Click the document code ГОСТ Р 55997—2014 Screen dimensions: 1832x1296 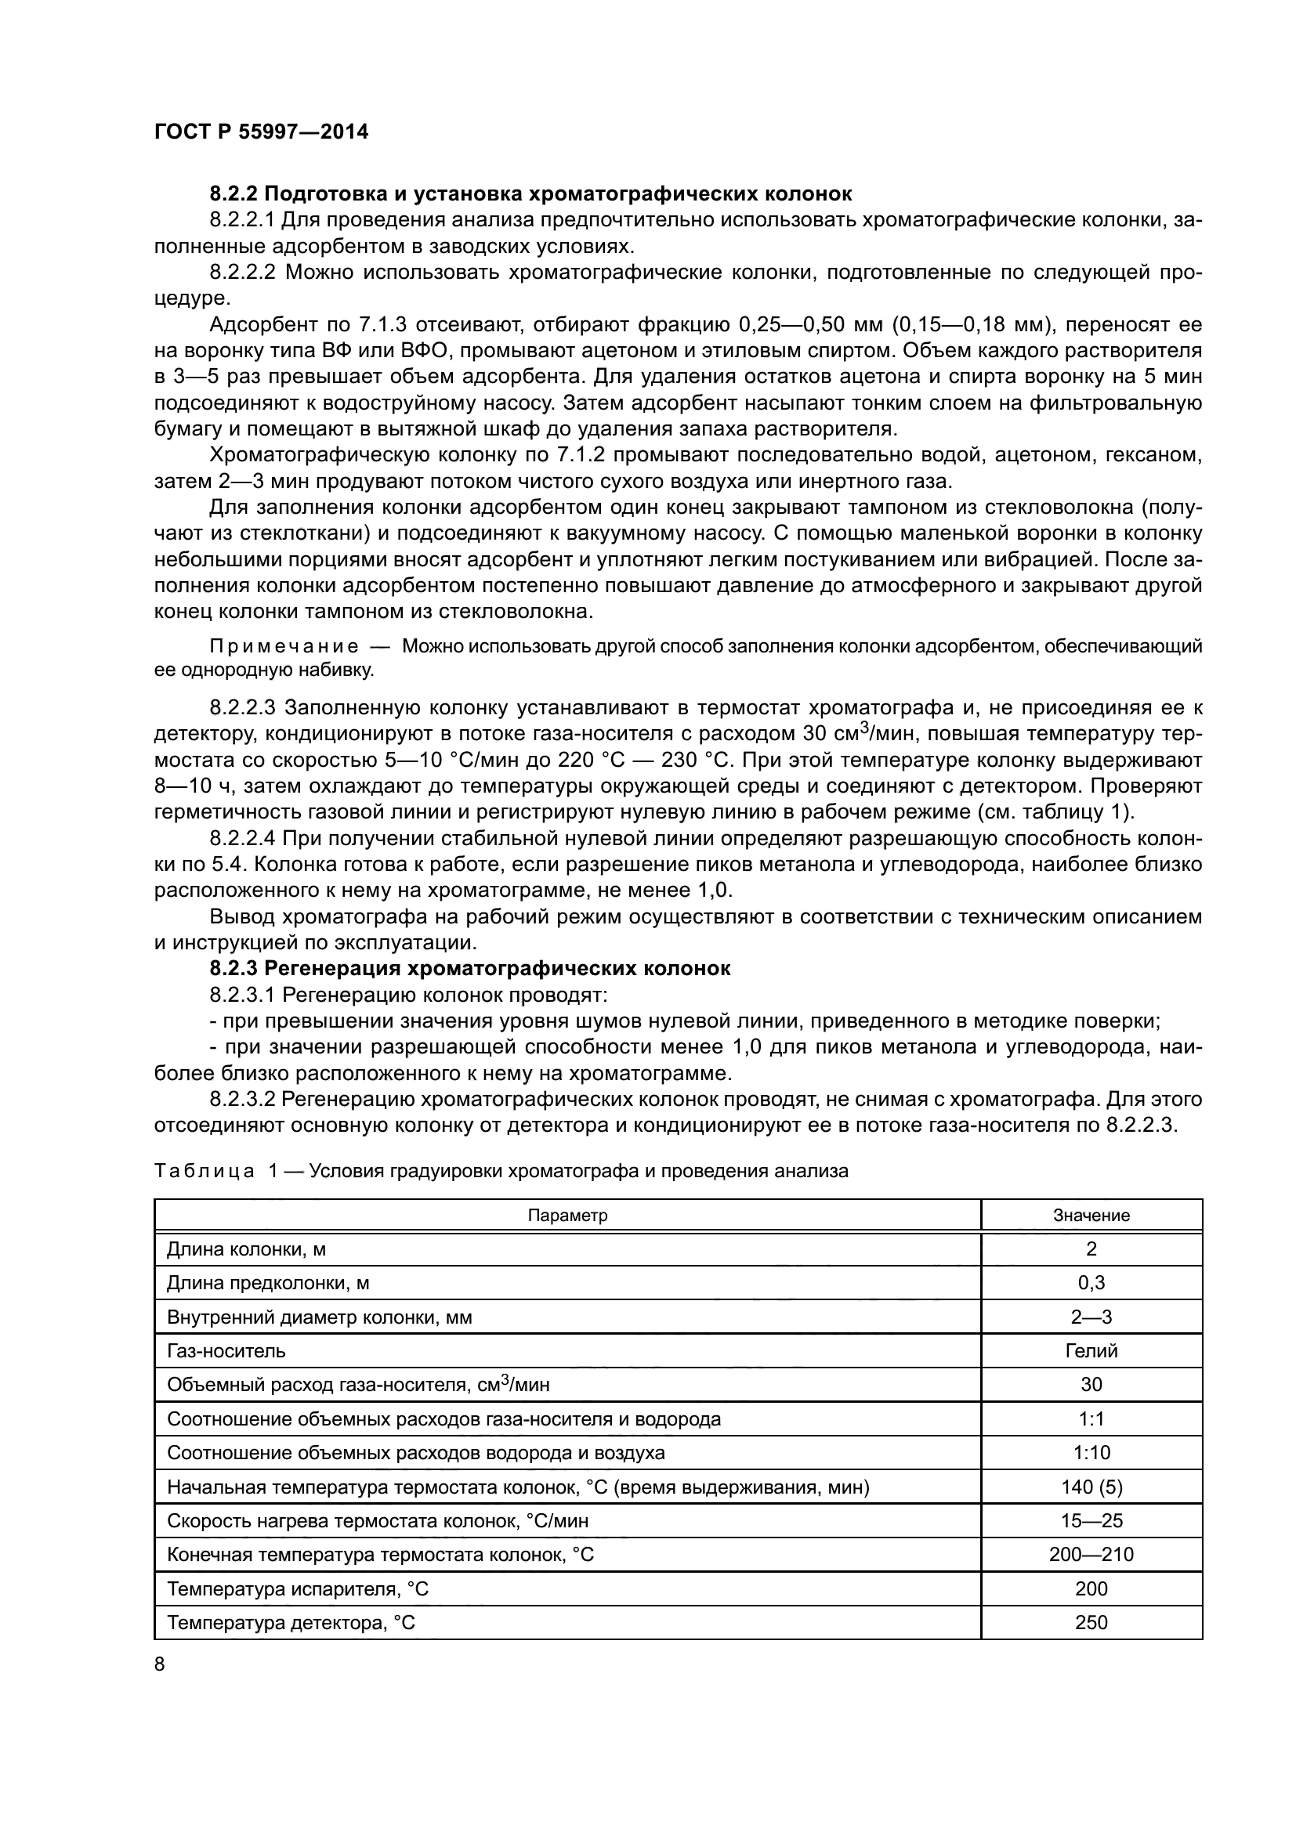click(x=261, y=132)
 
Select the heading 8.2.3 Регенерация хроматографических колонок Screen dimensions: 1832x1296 click(x=470, y=969)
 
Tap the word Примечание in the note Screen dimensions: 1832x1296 click(x=284, y=646)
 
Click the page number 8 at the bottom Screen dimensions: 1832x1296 click(x=160, y=1664)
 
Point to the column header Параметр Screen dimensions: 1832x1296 click(x=567, y=1216)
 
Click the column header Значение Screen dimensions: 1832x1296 click(x=1091, y=1216)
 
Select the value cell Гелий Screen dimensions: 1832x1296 click(x=1091, y=1351)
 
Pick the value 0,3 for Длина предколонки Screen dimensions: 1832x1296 click(x=1091, y=1283)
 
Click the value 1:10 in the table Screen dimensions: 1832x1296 click(x=1091, y=1453)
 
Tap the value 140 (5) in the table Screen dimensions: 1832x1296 click(x=1091, y=1487)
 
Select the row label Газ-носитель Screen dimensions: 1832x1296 click(x=226, y=1351)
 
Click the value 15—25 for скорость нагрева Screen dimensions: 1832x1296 click(x=1091, y=1521)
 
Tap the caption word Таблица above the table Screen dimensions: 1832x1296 click(x=204, y=1171)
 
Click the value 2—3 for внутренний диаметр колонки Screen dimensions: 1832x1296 click(x=1091, y=1317)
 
